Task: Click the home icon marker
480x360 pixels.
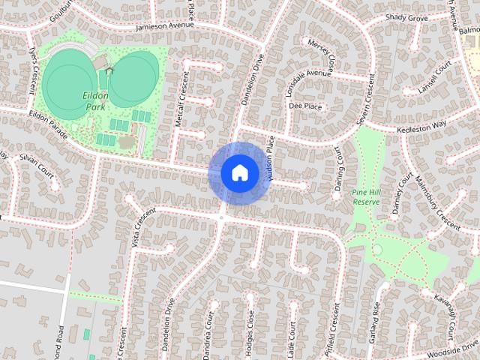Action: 239,172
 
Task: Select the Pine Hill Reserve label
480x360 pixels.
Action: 366,197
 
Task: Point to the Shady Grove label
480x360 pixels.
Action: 406,16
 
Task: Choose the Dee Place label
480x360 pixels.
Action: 305,106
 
